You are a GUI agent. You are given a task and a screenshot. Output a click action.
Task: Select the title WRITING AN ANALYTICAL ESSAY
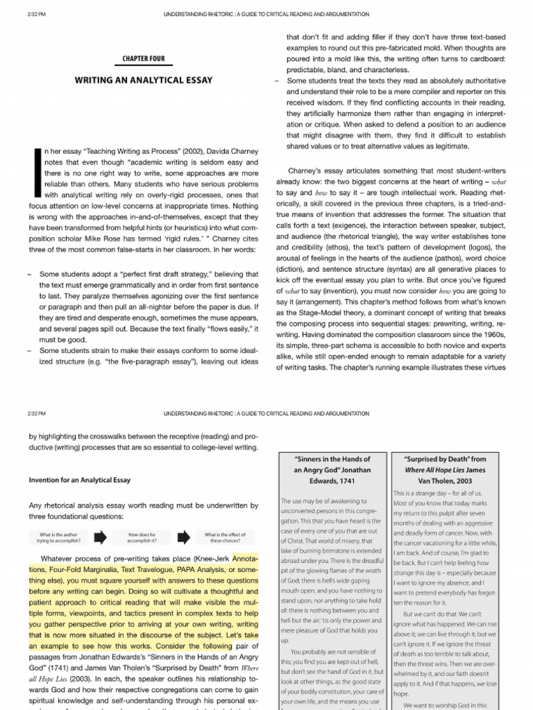[x=144, y=80]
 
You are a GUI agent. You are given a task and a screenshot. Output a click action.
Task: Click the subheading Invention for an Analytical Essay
[x=79, y=480]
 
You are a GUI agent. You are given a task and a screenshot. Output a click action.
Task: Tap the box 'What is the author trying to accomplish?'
[x=61, y=537]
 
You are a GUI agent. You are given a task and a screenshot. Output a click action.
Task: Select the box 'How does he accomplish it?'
[x=142, y=537]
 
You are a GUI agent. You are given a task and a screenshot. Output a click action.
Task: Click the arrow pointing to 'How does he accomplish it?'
[x=101, y=537]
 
